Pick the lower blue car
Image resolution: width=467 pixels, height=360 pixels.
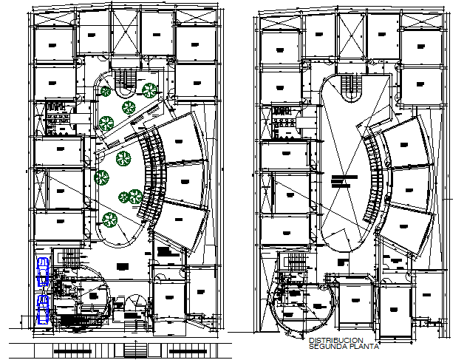[43, 308]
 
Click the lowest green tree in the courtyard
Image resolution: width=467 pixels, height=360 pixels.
[110, 218]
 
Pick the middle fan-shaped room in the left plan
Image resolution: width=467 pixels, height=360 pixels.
[183, 181]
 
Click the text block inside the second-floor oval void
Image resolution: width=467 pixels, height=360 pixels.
[342, 180]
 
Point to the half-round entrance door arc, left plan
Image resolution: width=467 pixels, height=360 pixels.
[136, 303]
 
